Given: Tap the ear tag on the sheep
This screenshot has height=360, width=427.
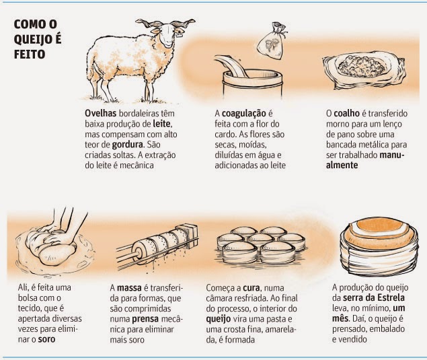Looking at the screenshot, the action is (179, 34).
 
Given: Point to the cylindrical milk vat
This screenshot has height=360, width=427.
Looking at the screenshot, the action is (252, 84).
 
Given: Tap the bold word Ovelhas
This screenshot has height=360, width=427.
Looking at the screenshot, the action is (100, 113).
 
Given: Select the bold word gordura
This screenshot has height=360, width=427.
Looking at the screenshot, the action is (127, 145).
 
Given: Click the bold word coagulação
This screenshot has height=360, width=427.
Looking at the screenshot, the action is (243, 114).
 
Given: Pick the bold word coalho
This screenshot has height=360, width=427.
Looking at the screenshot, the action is (347, 113).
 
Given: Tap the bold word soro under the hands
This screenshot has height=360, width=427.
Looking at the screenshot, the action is (46, 340).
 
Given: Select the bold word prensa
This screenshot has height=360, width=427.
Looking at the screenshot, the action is (145, 319).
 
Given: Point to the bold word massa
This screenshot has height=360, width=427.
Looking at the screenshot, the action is (129, 288).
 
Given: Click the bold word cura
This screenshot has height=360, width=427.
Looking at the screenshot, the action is (251, 288).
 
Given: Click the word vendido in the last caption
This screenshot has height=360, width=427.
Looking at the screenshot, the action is (352, 339).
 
